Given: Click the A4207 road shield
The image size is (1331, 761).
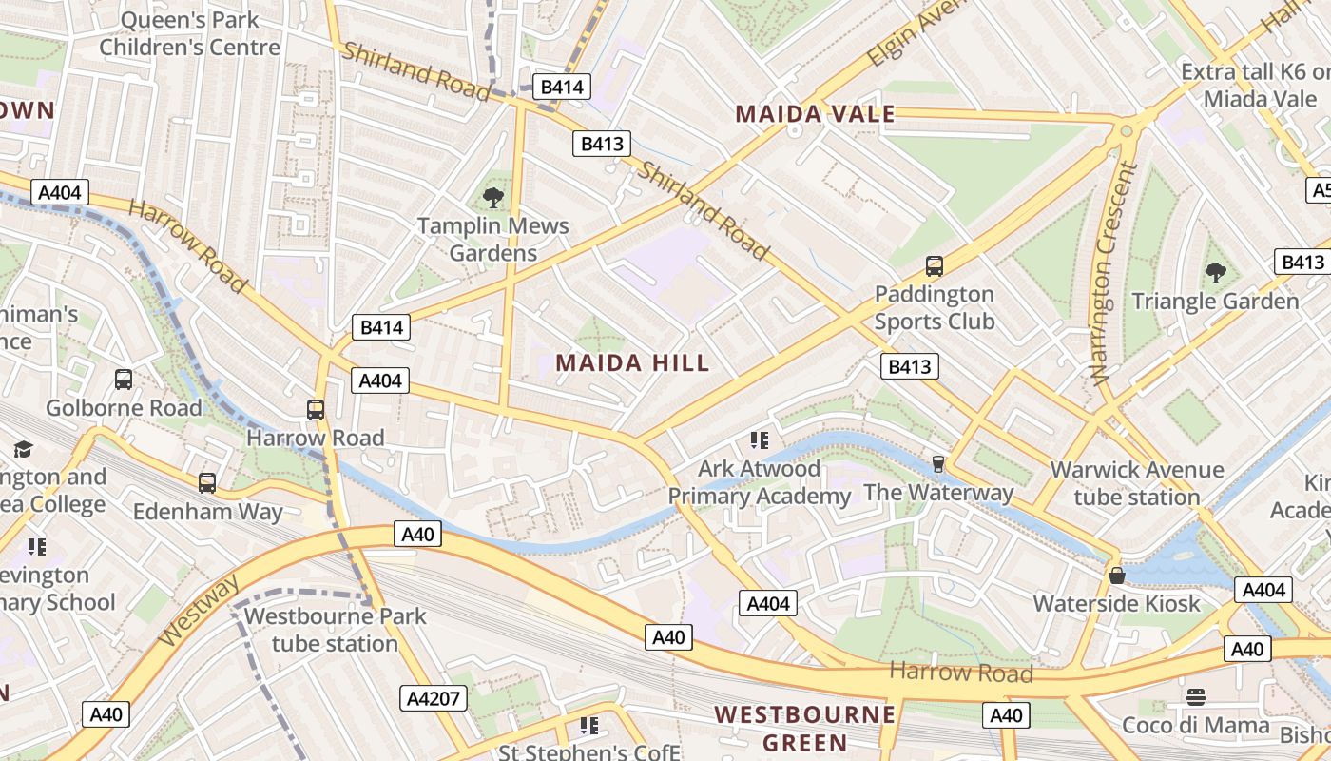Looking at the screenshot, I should (434, 698).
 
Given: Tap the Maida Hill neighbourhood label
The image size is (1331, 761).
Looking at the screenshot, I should (632, 362).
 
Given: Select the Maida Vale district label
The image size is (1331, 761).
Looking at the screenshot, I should (815, 115).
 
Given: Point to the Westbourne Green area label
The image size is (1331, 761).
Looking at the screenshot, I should (805, 728).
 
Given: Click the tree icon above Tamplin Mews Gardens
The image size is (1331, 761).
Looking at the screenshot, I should (492, 198).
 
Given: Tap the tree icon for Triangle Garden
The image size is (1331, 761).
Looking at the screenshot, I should (1215, 273).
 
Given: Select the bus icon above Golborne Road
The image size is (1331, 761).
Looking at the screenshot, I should (124, 380).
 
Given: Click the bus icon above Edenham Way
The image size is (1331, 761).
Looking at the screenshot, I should (207, 482).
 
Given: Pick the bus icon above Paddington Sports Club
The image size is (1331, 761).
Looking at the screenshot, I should (934, 266).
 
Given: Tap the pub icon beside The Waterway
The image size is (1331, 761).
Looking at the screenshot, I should (938, 463).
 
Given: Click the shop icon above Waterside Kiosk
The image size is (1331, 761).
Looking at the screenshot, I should (1117, 576).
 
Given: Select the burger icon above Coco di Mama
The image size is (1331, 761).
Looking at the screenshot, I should (1196, 697).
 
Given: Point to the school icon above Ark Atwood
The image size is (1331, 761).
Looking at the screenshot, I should (758, 439).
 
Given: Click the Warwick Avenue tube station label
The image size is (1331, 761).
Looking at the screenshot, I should (1136, 483).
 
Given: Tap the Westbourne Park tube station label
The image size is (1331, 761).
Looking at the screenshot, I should (335, 630).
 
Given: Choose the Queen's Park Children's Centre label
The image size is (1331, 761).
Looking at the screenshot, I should (190, 33).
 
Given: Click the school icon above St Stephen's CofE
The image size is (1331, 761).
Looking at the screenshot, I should (588, 726).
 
